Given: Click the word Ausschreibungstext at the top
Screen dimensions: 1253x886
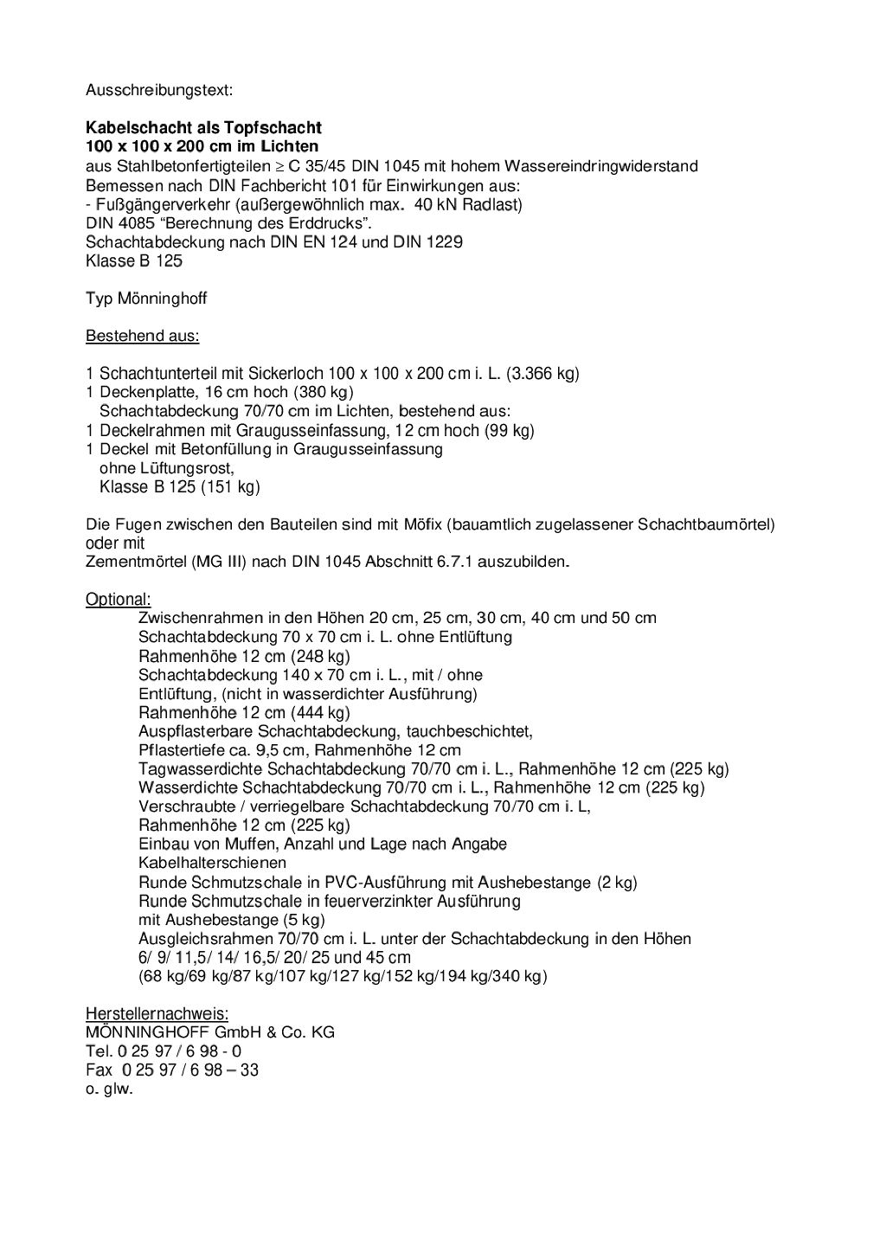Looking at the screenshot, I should click(158, 90).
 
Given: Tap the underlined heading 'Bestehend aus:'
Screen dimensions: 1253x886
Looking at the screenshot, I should click(142, 336).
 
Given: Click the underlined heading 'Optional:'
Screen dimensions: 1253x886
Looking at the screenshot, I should click(118, 599).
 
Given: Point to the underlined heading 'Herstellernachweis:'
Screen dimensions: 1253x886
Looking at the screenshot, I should click(157, 1013).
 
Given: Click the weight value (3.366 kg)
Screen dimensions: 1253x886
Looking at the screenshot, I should click(543, 374).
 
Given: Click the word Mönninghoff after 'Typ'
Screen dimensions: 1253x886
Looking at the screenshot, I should click(162, 299).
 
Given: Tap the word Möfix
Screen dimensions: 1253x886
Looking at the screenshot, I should click(422, 524).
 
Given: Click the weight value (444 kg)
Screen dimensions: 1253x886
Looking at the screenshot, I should click(320, 713).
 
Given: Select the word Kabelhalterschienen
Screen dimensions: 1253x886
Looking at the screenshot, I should click(212, 863).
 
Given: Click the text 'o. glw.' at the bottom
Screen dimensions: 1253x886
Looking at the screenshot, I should click(109, 1089).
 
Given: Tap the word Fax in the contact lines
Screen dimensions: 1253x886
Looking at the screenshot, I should click(99, 1070).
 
